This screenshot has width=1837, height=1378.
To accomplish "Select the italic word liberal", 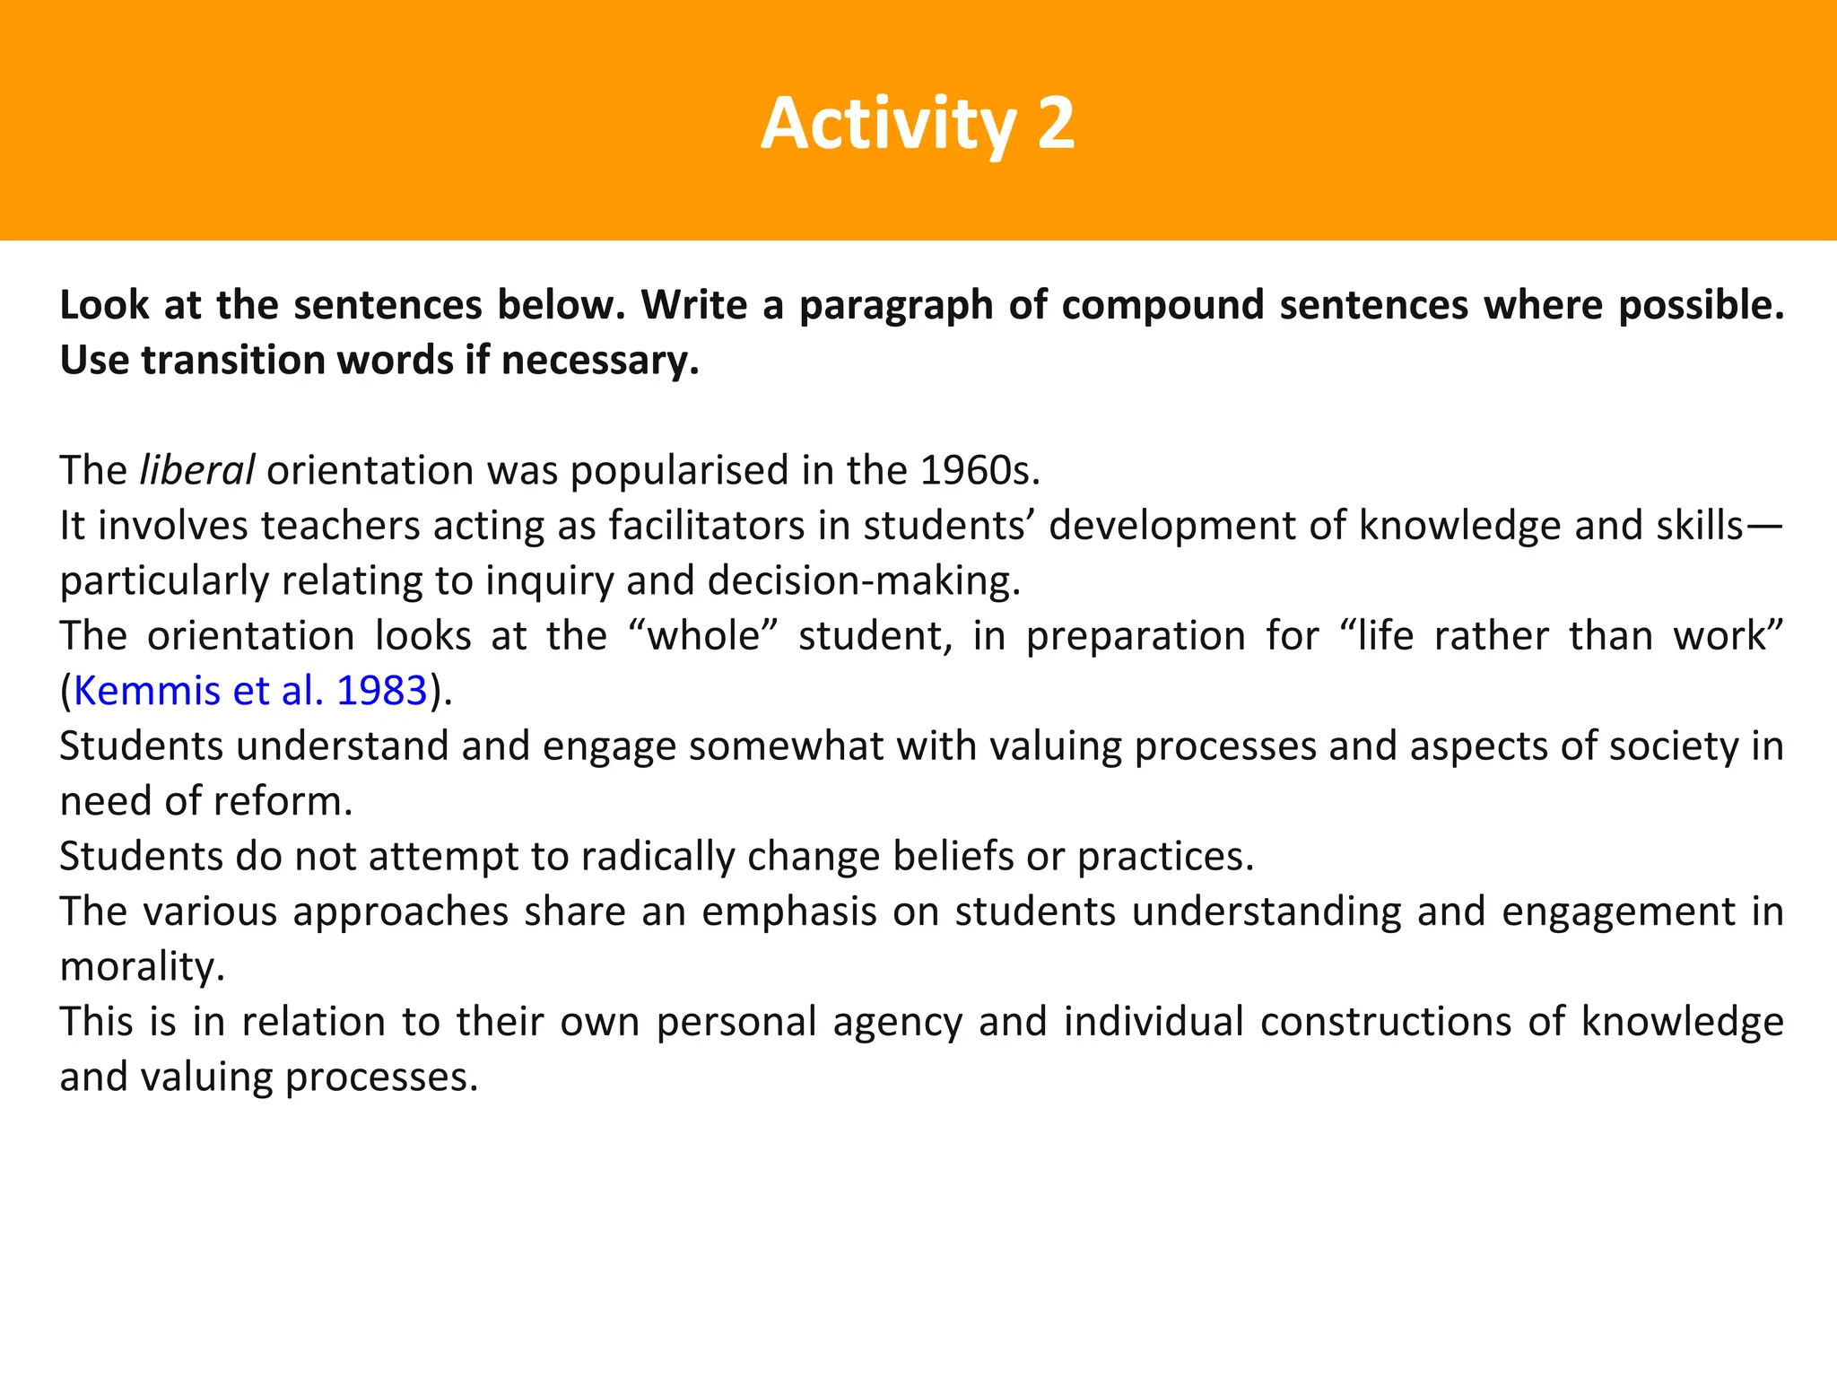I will click(197, 470).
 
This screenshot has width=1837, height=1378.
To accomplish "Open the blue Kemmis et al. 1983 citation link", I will click(250, 691).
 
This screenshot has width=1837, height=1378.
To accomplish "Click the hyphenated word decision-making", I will click(864, 581).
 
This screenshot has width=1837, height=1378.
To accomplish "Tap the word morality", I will click(142, 967).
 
